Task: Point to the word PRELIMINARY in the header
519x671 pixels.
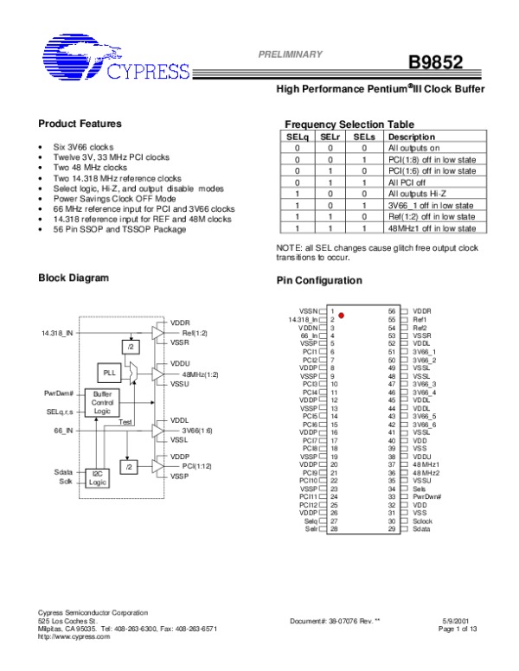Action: click(291, 54)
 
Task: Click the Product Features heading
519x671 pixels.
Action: click(80, 124)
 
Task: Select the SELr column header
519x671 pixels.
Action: click(330, 137)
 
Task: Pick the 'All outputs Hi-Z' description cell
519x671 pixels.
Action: click(418, 195)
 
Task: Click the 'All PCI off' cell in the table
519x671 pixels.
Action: click(407, 182)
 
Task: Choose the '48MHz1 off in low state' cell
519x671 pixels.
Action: click(432, 228)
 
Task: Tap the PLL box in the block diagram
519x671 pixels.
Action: click(110, 373)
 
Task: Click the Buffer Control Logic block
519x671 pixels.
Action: click(102, 402)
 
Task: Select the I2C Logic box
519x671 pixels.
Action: click(98, 478)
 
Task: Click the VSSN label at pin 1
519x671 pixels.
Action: click(308, 310)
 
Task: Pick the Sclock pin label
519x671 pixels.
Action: click(422, 521)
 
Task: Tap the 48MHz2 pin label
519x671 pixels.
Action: click(425, 473)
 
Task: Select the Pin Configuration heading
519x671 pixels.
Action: click(318, 281)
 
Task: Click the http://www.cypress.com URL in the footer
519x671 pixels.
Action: click(75, 636)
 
